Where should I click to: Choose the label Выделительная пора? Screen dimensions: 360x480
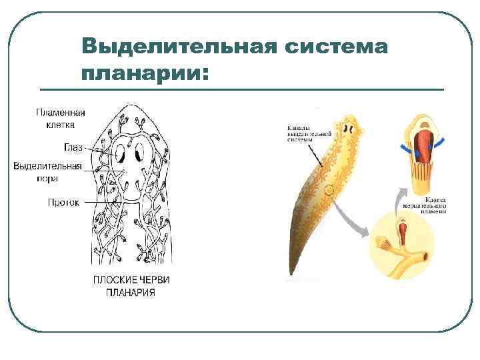coord(48,172)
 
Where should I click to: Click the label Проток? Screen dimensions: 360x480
coord(65,202)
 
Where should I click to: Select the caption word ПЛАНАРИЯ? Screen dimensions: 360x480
coord(131,292)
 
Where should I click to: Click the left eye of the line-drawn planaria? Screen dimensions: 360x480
coord(120,154)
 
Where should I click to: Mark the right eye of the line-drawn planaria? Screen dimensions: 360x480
coord(139,154)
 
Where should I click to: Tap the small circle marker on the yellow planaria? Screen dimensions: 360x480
coord(329,191)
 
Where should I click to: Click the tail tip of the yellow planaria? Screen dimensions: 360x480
coord(291,272)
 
